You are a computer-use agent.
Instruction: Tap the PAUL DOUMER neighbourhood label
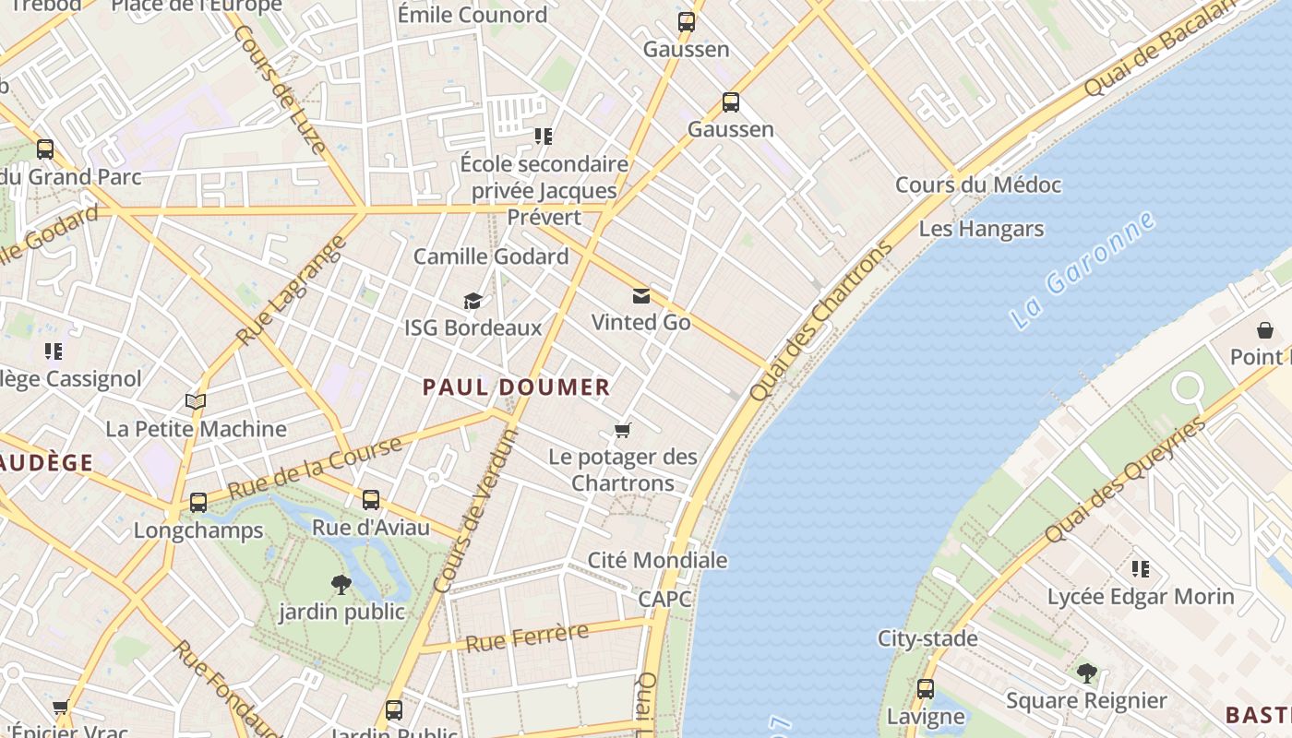click(517, 387)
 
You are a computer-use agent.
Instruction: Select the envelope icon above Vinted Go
click(640, 296)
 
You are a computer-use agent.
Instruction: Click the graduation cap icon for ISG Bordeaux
click(473, 302)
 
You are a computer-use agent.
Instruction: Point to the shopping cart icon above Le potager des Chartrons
click(623, 431)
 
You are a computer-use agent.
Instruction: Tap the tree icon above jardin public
click(341, 584)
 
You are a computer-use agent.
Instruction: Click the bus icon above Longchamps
click(198, 503)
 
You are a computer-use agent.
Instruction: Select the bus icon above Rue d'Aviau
click(371, 500)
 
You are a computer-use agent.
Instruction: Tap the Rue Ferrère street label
click(527, 637)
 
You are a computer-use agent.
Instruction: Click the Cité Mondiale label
click(657, 560)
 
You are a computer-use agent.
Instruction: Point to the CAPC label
click(664, 599)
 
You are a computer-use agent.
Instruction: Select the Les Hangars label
click(981, 229)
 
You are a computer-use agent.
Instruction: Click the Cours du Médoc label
click(978, 184)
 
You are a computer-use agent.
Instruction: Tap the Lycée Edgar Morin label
click(1141, 597)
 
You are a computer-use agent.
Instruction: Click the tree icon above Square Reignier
click(1087, 673)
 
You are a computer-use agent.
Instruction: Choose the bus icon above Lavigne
click(926, 689)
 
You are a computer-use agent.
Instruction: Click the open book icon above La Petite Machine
click(195, 401)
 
